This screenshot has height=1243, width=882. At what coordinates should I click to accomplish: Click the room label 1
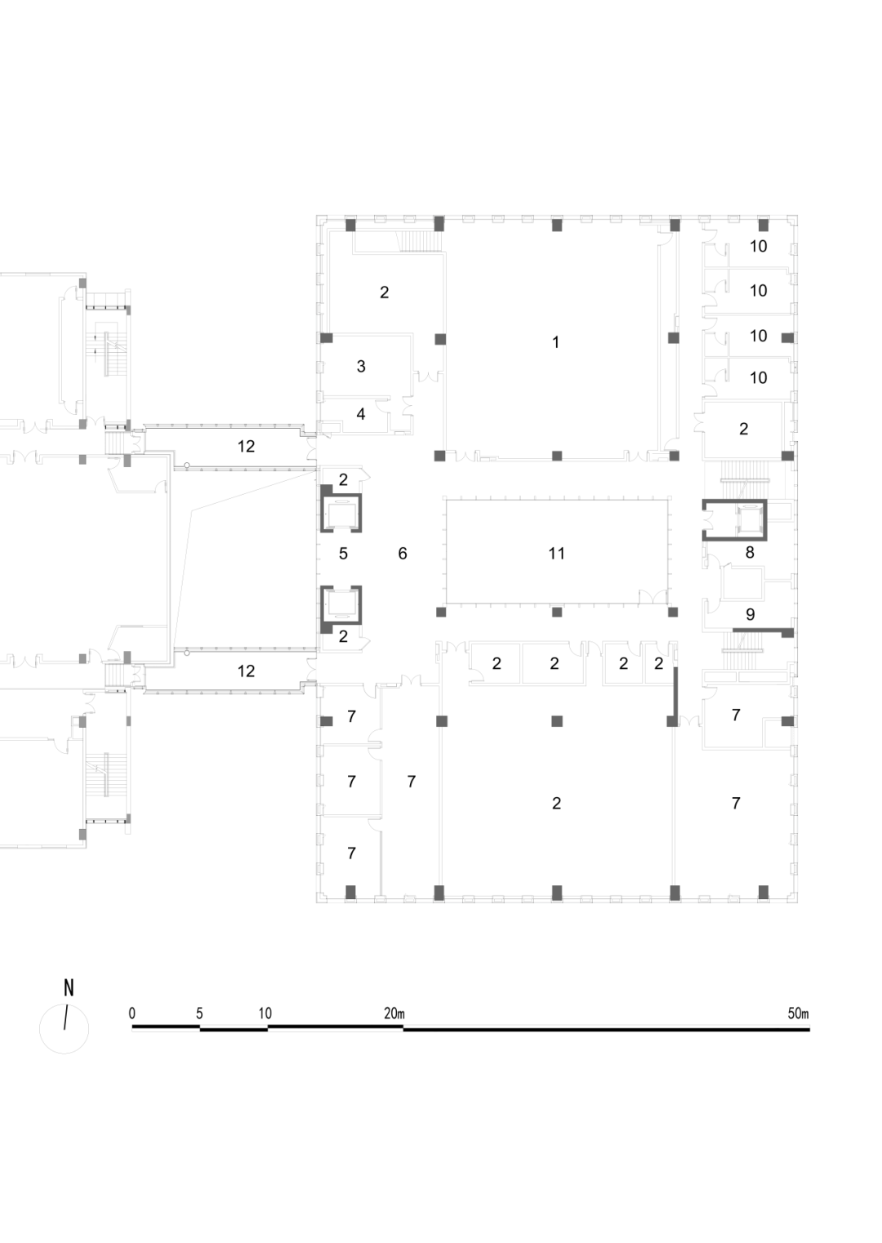[555, 342]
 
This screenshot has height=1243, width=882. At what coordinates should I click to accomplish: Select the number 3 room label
[361, 367]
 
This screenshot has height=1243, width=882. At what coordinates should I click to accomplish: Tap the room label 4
[361, 414]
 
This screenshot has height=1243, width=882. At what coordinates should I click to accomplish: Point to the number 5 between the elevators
[343, 554]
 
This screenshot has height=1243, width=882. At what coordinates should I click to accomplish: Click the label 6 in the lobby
[403, 554]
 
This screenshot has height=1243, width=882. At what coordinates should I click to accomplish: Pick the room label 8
[750, 553]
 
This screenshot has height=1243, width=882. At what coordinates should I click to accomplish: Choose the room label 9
[750, 614]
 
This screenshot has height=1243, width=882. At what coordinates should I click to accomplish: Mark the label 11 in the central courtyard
[556, 554]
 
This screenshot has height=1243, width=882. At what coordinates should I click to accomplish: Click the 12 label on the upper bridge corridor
[246, 447]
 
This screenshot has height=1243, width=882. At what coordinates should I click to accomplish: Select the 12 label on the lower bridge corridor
[246, 671]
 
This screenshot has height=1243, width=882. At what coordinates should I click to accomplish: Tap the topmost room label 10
[758, 246]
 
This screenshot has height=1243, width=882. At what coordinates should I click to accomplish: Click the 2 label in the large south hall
[556, 804]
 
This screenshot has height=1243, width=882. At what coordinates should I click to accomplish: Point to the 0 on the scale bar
[132, 1014]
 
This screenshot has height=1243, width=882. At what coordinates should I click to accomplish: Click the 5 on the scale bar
[199, 1014]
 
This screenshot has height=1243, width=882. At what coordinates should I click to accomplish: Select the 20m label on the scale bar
[394, 1014]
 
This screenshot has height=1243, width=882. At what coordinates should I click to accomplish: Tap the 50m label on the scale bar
[798, 1014]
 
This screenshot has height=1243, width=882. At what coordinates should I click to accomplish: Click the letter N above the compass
[69, 988]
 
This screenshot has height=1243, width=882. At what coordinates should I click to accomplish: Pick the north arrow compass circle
[65, 1029]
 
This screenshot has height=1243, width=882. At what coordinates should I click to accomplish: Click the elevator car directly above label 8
[747, 519]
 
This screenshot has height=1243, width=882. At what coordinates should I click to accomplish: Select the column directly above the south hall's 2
[557, 720]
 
